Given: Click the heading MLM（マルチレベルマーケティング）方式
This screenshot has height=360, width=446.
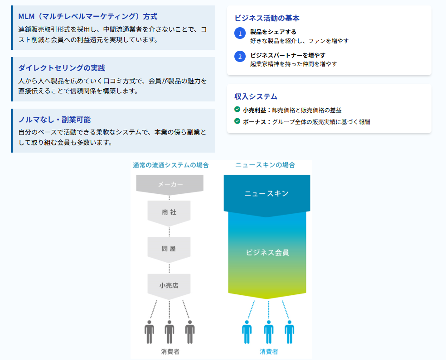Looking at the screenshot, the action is point(87,16).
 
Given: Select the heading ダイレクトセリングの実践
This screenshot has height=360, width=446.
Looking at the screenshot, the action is point(62,68).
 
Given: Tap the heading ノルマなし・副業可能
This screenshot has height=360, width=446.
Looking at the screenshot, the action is point(54,120).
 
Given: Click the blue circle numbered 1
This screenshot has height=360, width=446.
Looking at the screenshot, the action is point(240,33).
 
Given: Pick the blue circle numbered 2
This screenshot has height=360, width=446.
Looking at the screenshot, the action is point(240,56).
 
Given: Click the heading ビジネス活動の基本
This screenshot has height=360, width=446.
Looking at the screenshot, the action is point(267,18).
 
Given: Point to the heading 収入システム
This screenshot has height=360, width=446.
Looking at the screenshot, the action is point(256,96).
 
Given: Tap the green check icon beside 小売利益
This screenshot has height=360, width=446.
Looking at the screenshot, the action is point(237,110).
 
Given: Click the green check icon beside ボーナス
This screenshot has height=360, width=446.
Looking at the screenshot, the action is point(237,121).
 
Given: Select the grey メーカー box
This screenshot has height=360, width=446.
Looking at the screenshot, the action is point(170,185).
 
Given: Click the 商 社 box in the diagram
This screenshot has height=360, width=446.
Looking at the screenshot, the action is point(169,213).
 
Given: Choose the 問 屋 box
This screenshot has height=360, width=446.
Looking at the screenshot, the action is point(169,250).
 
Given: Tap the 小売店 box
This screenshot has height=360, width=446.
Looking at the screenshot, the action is point(169,286).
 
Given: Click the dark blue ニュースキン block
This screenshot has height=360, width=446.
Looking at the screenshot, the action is point(267,195).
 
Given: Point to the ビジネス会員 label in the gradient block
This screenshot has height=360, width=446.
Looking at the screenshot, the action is point(267,252).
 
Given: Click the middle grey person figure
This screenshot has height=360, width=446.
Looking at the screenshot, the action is point(170,332).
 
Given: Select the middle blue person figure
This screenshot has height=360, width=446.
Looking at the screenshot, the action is point(268,332).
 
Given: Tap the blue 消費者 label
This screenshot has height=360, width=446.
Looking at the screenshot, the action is point(269,352).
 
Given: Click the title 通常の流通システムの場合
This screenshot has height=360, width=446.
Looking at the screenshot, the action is point(171,165).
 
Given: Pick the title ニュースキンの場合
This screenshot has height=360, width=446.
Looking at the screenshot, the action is point(265,165).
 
